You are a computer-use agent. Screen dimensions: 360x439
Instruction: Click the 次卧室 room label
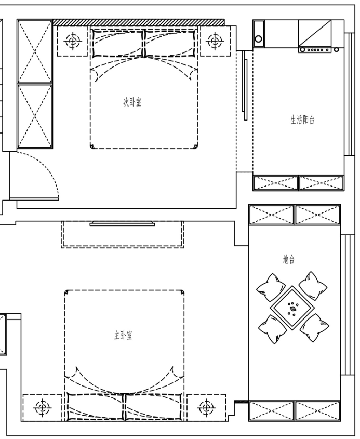[x=132, y=102]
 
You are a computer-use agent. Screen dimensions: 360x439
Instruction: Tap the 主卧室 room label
[x=123, y=335]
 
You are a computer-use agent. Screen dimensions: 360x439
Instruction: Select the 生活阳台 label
[x=302, y=119]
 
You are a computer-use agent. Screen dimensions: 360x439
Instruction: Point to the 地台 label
[x=289, y=259]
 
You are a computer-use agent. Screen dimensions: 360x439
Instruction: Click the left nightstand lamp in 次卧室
[x=73, y=41]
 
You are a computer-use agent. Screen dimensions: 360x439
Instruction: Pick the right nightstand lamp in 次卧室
[x=215, y=41]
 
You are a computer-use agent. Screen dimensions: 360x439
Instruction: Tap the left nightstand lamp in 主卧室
[x=42, y=408]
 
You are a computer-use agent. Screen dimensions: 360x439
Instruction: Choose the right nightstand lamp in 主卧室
[x=206, y=407]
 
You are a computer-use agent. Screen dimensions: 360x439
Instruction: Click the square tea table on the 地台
[x=292, y=308]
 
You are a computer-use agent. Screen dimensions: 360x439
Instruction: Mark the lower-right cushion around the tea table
[x=314, y=328]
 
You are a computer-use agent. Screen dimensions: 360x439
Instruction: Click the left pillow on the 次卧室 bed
[x=118, y=44]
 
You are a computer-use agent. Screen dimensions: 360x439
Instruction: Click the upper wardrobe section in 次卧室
[x=35, y=51]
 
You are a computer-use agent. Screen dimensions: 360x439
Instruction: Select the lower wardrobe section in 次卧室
[x=35, y=116]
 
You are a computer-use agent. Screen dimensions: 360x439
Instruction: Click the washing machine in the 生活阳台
[x=259, y=34]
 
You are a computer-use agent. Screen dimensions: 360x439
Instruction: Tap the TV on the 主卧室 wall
[x=122, y=223]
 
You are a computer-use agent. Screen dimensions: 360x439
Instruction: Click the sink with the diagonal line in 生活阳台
[x=315, y=33]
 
